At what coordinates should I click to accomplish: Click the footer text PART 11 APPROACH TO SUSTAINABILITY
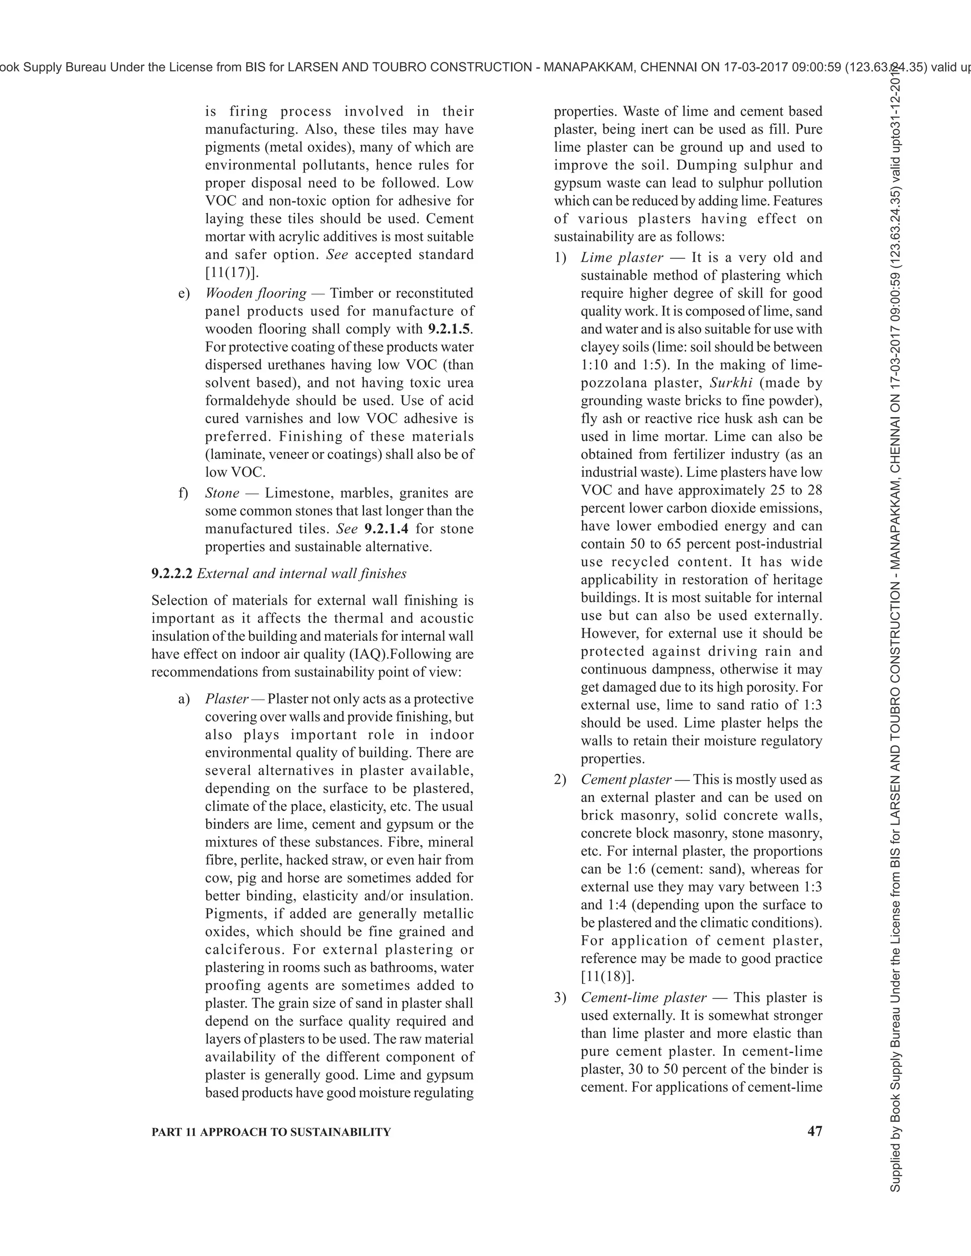(271, 1132)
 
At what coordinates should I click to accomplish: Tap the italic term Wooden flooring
(256, 293)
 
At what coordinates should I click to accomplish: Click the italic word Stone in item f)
(222, 493)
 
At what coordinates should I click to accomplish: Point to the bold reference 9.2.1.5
(450, 329)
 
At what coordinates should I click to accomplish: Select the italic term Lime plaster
(622, 258)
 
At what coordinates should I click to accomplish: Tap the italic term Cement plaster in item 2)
(626, 779)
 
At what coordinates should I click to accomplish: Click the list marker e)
(184, 293)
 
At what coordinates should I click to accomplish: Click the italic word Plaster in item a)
(227, 699)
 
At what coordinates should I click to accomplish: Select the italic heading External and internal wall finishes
(302, 573)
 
